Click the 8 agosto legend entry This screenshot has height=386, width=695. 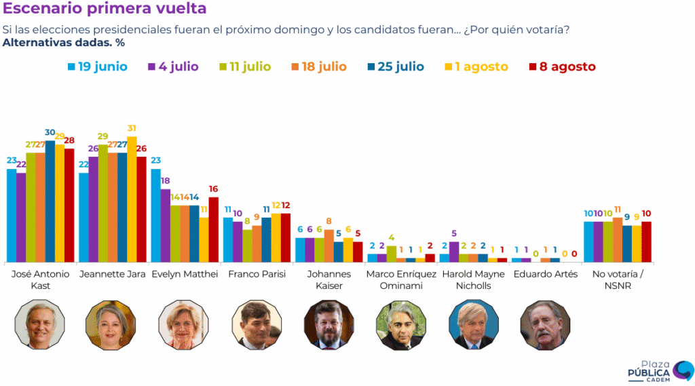click(563, 67)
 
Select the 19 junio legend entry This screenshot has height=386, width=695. click(98, 67)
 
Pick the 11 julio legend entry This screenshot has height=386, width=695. click(245, 67)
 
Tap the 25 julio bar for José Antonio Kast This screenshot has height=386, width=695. click(50, 201)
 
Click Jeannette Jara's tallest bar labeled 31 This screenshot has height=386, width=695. click(132, 199)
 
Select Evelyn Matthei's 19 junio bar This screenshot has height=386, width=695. click(155, 215)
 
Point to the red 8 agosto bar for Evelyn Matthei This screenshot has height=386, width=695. click(214, 229)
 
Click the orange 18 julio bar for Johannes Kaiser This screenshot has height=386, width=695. click(329, 246)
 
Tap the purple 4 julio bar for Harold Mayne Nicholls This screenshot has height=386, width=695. click(454, 252)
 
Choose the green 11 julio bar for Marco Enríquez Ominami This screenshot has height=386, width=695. click(392, 254)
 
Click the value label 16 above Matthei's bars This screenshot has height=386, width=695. click(213, 189)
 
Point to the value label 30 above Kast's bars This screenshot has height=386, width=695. click(50, 132)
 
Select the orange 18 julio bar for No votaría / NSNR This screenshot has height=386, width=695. click(618, 239)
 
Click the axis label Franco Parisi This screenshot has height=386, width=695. click(257, 274)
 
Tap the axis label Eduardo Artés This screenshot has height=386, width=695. click(546, 274)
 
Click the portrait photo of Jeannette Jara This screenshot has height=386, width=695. click(111, 325)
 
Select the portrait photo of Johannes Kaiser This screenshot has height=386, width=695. click(329, 325)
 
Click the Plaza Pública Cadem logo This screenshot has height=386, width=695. click(660, 371)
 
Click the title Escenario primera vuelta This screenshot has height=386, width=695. click(105, 8)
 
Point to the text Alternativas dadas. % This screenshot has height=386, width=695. click(64, 43)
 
